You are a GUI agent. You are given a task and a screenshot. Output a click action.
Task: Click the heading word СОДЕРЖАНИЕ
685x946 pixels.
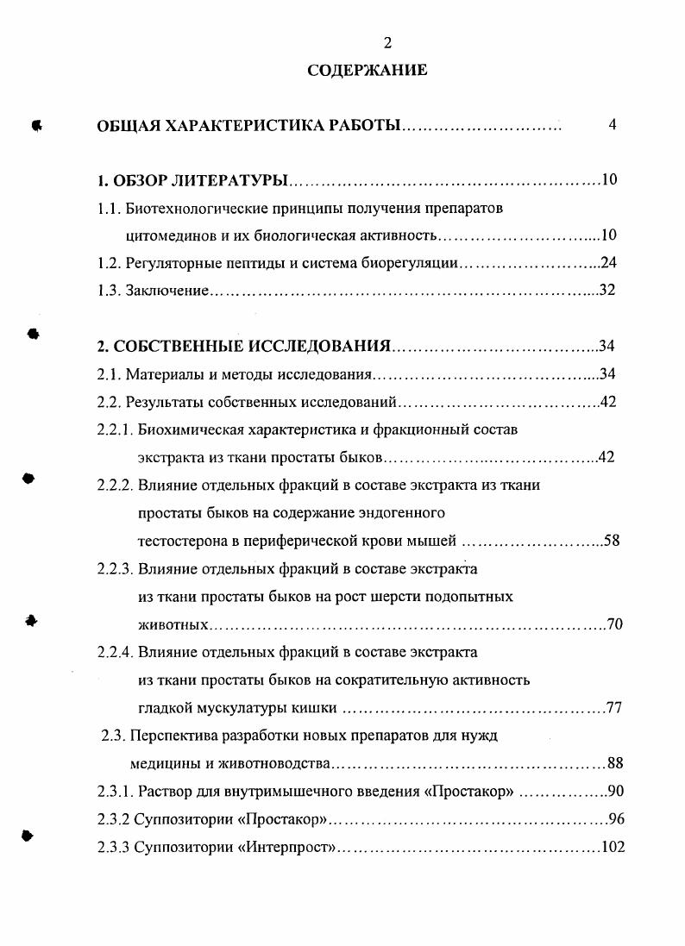coord(368,70)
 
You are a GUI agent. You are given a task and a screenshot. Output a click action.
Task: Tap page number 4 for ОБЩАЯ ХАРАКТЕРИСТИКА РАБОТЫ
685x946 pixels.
coord(612,125)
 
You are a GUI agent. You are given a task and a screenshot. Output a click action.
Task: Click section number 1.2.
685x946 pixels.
coord(109,263)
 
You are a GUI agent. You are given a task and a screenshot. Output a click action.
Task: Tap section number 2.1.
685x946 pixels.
coord(109,374)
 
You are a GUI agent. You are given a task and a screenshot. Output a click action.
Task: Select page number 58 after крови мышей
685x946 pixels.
coord(611,541)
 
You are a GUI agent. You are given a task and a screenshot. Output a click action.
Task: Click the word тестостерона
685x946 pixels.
coord(179,541)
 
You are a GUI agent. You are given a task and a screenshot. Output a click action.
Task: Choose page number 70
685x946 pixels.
coord(614,624)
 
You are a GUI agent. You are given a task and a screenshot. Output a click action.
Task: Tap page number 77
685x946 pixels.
coord(614,709)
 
